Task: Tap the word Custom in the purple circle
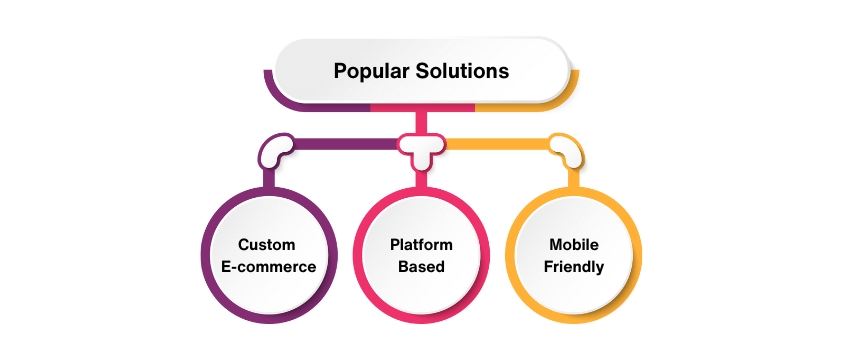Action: coord(265,245)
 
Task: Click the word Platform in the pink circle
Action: coord(421,245)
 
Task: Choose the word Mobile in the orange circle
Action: coord(575,245)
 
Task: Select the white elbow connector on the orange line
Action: coord(567,150)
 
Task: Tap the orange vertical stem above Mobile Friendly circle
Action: coord(576,177)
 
